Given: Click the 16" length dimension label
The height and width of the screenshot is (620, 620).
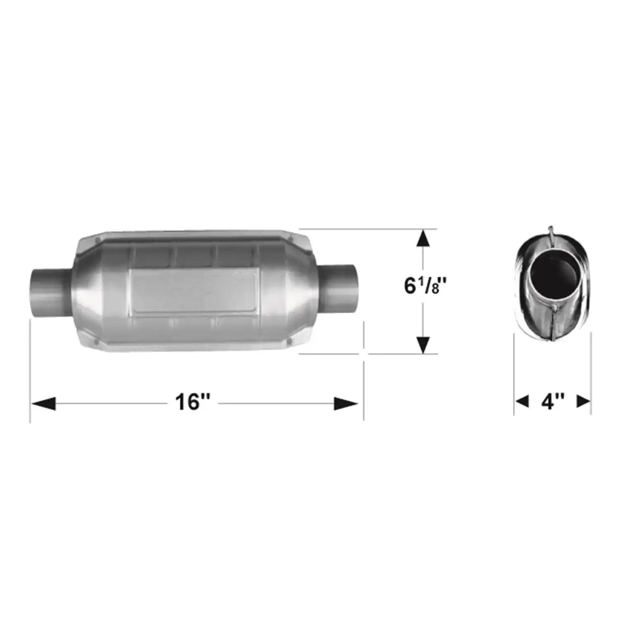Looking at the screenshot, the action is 193,402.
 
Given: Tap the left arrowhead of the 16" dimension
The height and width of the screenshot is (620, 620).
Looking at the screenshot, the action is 43,403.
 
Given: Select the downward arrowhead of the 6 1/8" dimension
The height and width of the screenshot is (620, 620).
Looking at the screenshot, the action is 423,345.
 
